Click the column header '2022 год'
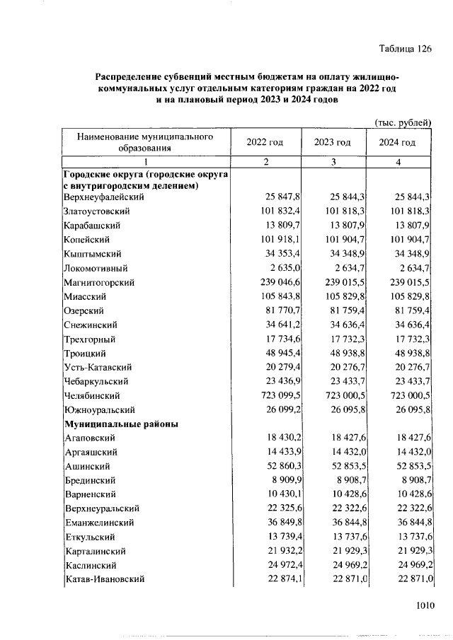tap(265, 142)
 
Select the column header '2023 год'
tap(332, 142)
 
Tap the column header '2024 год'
tap(398, 142)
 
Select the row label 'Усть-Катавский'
tap(98, 368)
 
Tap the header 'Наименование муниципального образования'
tap(145, 142)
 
